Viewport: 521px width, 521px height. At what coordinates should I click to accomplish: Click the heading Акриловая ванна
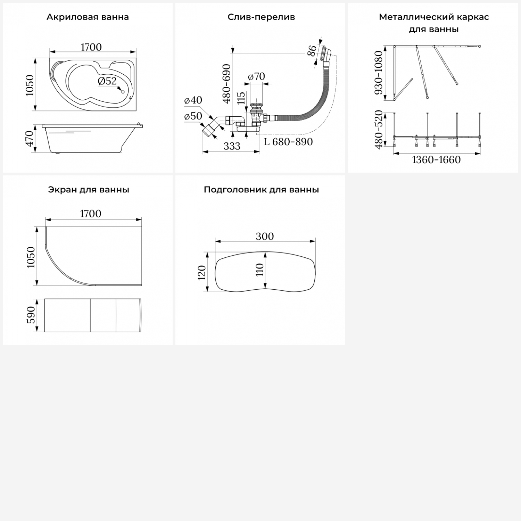pyautogui.click(x=88, y=17)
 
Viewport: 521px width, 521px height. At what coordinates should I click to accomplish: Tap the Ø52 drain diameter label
pyautogui.click(x=107, y=81)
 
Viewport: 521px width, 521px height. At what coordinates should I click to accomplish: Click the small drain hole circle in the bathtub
pyautogui.click(x=123, y=92)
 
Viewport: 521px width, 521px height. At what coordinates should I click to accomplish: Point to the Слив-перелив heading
pyautogui.click(x=261, y=17)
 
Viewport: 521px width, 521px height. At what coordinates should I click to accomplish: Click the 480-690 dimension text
pyautogui.click(x=226, y=84)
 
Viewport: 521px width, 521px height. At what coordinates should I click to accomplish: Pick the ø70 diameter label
pyautogui.click(x=257, y=76)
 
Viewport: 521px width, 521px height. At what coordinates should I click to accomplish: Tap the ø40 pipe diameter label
pyautogui.click(x=193, y=100)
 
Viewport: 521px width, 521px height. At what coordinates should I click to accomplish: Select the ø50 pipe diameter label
pyautogui.click(x=193, y=116)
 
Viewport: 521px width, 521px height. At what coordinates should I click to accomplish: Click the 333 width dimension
pyautogui.click(x=232, y=146)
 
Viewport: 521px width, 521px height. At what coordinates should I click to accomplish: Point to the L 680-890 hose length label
pyautogui.click(x=288, y=142)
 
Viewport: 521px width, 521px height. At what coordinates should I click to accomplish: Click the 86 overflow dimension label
pyautogui.click(x=312, y=51)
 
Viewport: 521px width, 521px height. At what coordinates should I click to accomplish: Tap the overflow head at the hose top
pyautogui.click(x=327, y=54)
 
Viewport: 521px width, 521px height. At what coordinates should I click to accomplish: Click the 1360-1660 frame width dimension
pyautogui.click(x=436, y=160)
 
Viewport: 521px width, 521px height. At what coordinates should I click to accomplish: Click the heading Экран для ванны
pyautogui.click(x=89, y=190)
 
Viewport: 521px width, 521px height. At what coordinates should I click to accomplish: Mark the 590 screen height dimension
pyautogui.click(x=31, y=315)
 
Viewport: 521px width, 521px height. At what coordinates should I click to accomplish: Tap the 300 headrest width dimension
pyautogui.click(x=265, y=236)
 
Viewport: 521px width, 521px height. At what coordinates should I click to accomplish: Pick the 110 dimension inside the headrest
pyautogui.click(x=260, y=270)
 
